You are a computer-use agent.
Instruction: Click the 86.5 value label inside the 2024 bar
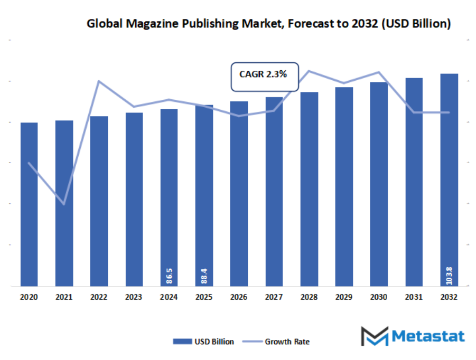(x=169, y=276)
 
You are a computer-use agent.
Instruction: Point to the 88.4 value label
(x=204, y=276)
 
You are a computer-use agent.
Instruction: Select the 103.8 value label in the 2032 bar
(x=449, y=275)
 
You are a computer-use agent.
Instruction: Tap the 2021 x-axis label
(x=64, y=298)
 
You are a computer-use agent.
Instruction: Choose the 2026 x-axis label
(x=239, y=298)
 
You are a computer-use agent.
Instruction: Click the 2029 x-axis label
(x=344, y=298)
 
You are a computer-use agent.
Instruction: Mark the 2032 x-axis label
(x=449, y=298)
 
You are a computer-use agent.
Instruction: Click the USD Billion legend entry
(x=203, y=342)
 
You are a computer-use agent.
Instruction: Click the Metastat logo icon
(x=374, y=336)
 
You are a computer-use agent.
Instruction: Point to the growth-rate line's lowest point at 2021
(x=64, y=204)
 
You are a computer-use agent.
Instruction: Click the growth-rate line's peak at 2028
(x=309, y=71)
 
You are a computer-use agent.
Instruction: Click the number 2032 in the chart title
(x=367, y=24)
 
